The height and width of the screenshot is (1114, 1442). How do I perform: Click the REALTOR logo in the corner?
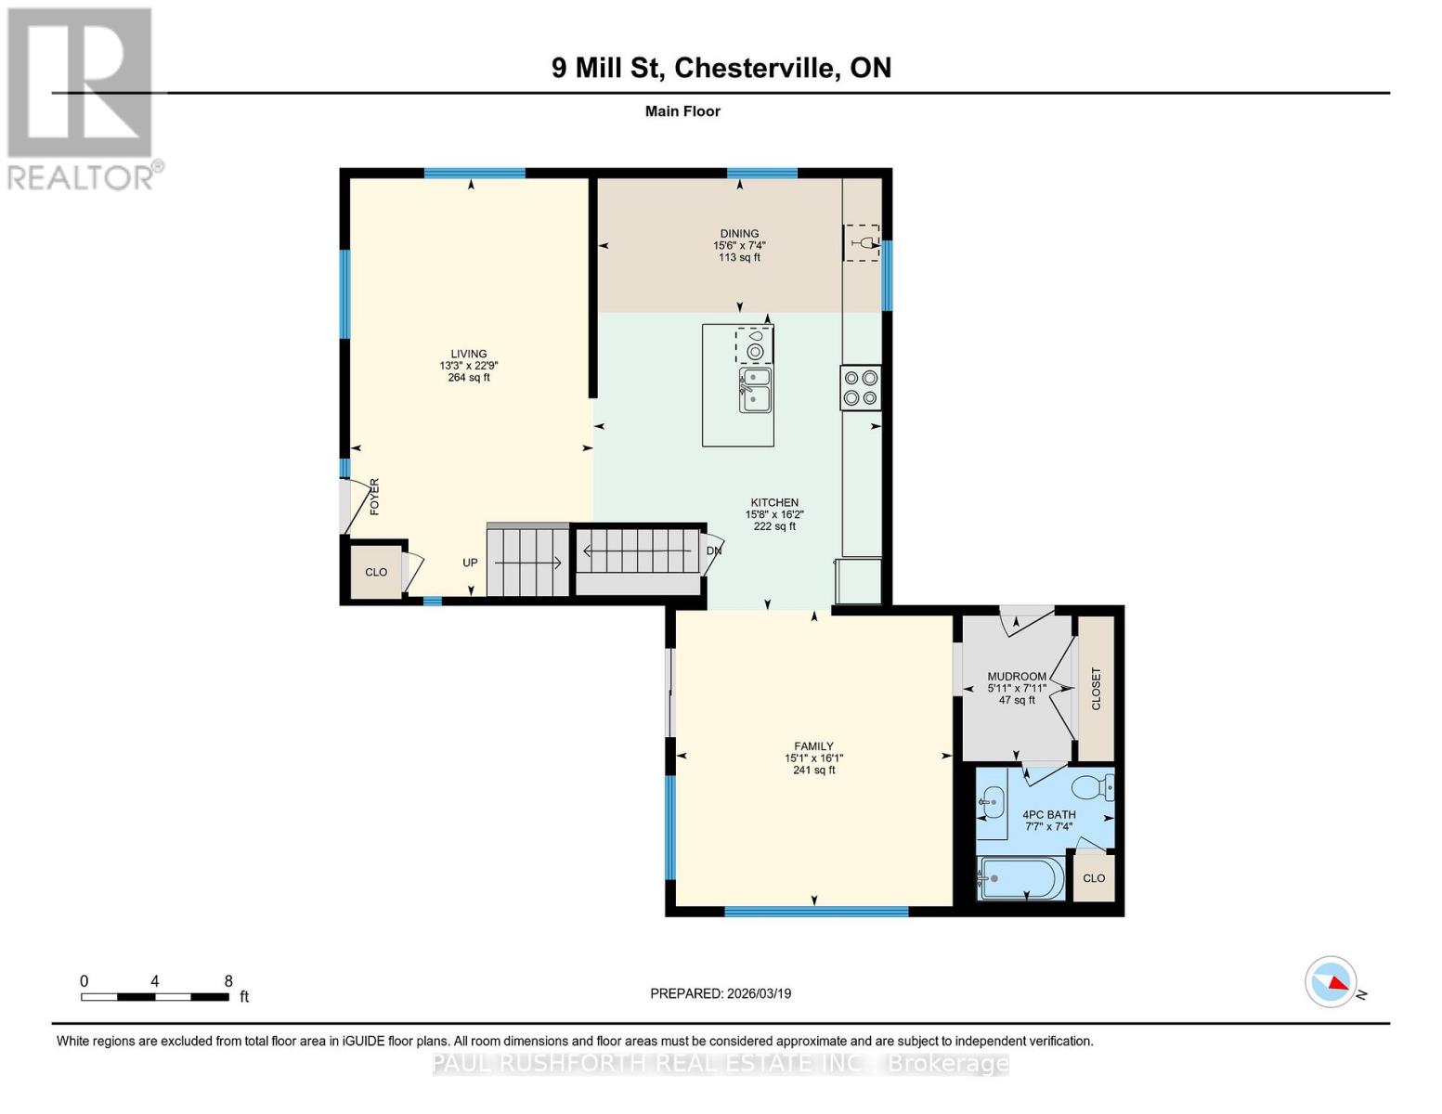(x=82, y=97)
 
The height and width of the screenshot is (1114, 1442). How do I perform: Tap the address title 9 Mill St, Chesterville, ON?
(x=721, y=68)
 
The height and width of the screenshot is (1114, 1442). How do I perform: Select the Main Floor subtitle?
(x=682, y=111)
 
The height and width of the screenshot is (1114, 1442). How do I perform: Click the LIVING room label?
(x=469, y=354)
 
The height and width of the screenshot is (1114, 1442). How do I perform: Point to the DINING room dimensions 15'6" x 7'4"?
(x=739, y=246)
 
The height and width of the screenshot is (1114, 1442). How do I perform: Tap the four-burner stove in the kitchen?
(x=860, y=388)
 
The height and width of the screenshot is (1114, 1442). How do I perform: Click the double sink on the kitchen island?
(x=755, y=390)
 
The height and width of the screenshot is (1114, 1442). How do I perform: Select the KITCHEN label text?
(x=774, y=502)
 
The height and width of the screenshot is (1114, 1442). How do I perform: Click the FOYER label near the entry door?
(x=375, y=497)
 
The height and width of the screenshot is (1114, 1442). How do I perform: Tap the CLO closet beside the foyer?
(x=376, y=572)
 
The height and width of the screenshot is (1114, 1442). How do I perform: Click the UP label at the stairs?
(x=471, y=563)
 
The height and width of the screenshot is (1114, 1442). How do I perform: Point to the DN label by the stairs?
(x=714, y=551)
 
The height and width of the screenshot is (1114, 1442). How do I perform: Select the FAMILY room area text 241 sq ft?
(x=813, y=770)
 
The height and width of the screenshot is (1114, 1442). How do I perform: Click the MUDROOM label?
(x=1017, y=677)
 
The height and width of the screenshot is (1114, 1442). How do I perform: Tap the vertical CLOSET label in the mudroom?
(x=1096, y=688)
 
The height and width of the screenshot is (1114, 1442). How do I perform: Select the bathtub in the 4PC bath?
(x=1022, y=878)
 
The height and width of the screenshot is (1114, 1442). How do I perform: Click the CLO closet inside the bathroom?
(x=1094, y=878)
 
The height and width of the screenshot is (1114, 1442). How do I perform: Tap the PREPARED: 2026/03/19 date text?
(x=721, y=993)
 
